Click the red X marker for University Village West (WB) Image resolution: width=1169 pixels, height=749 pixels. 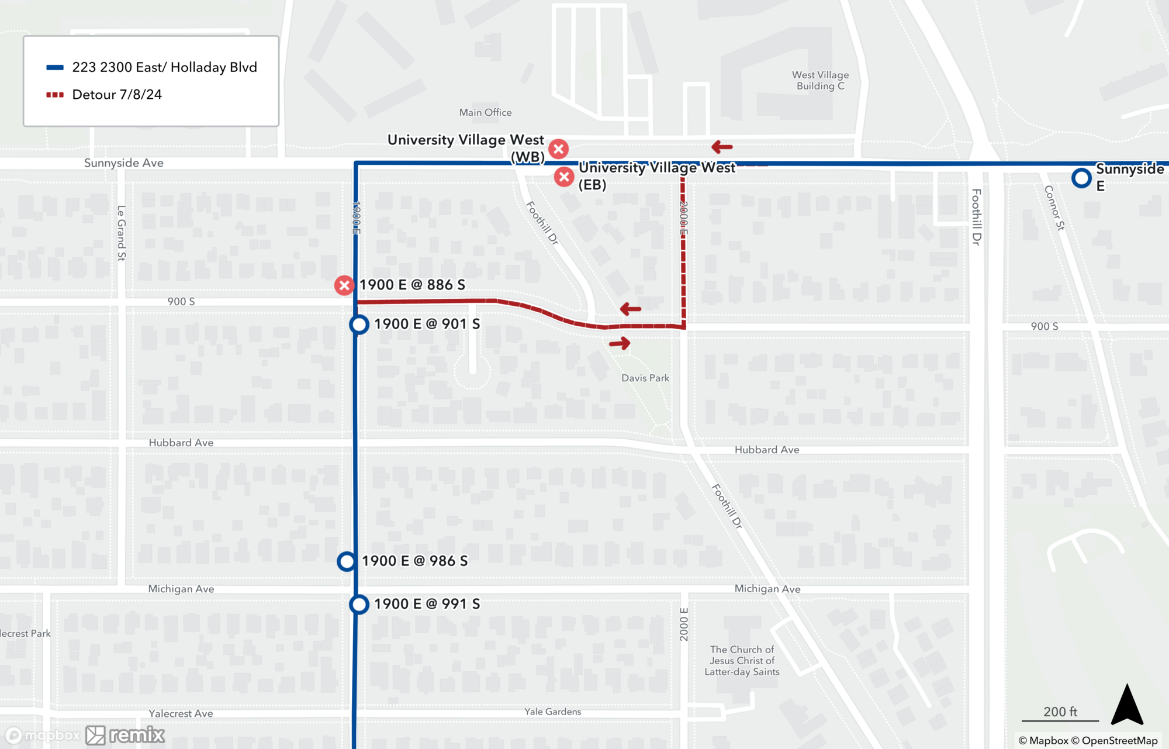coord(559,149)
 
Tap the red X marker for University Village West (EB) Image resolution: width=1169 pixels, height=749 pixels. coord(564,177)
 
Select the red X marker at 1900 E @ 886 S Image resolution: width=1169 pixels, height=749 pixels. coord(344,285)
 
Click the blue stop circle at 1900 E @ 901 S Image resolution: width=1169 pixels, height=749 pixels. coord(359,325)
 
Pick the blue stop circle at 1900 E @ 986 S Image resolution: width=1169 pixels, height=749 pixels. coord(347,561)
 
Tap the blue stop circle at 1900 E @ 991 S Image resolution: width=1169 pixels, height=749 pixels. coord(359,604)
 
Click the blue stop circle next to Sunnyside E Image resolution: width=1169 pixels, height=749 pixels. coord(1081,178)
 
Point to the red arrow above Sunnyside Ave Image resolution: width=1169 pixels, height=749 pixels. coord(722,147)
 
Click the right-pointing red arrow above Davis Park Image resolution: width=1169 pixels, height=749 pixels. coord(620,343)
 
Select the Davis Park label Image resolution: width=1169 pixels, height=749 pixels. coord(645,378)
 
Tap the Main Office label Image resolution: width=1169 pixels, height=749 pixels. coord(485,112)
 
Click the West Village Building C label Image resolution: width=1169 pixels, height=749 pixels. coord(820,81)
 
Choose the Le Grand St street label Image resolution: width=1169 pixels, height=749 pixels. coord(122,233)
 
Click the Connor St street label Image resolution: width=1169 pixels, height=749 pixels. coord(1054,208)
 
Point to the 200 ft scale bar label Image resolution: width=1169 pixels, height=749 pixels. coord(1060,712)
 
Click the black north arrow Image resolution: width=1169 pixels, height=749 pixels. coord(1126,705)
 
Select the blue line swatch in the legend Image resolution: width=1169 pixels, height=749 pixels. coord(55,67)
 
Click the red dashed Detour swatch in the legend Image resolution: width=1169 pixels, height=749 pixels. coord(55,95)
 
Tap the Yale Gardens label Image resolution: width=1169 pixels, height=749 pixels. coord(552,712)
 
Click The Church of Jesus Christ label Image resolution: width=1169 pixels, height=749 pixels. coord(742,661)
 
